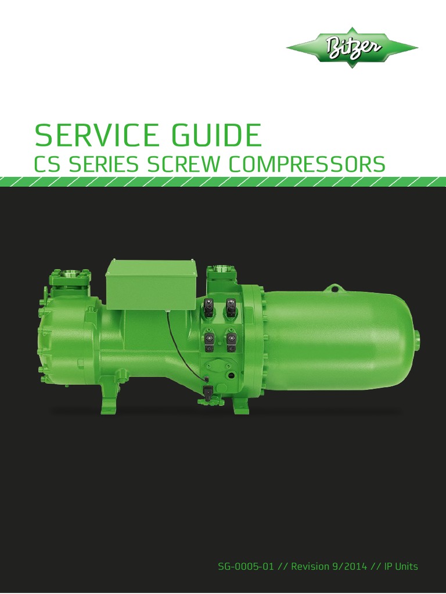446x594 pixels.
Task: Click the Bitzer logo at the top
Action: pyautogui.click(x=352, y=47)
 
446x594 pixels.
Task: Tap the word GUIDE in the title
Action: pyautogui.click(x=218, y=135)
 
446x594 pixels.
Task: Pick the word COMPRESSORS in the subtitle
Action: pyautogui.click(x=307, y=164)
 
